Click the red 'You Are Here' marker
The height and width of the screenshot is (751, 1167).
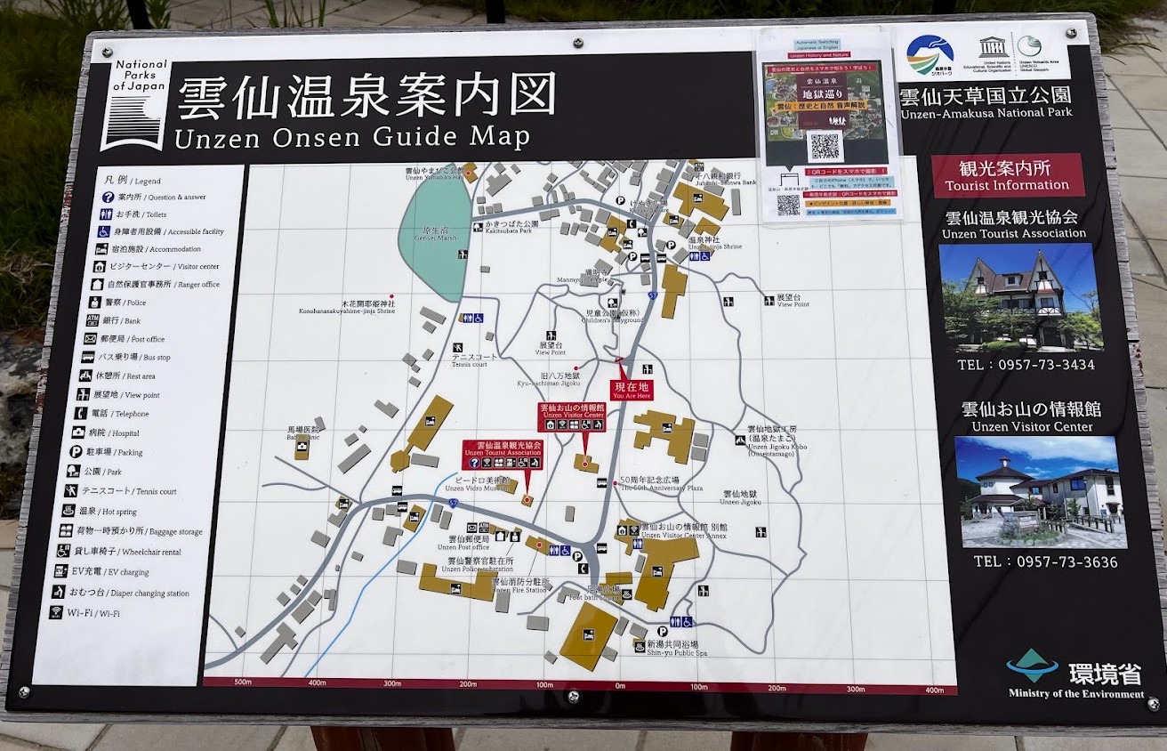631,389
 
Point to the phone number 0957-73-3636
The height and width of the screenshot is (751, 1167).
1045,561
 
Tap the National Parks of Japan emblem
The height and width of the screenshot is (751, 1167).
134,104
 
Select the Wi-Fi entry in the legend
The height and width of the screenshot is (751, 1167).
85,613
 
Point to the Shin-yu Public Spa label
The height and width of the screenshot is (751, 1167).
676,648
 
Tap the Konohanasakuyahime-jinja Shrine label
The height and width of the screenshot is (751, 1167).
347,308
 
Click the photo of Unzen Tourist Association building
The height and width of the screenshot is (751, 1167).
1020,297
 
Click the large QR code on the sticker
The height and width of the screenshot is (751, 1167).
825,145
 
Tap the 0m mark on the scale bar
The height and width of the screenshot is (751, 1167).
620,686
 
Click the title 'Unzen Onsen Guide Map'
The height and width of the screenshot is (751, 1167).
352,137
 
